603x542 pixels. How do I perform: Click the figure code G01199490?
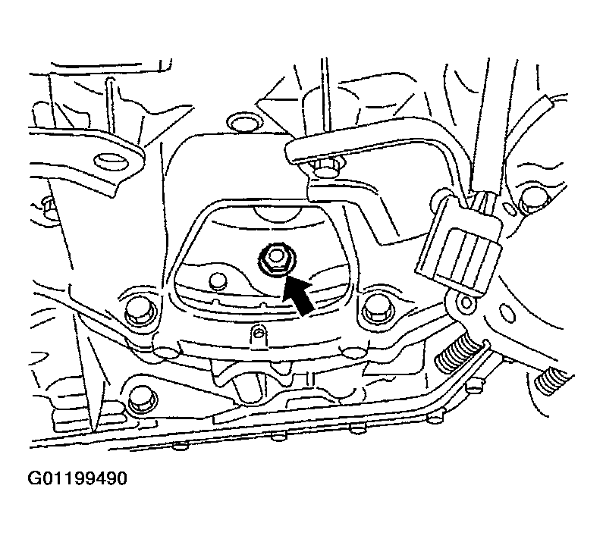point(77,478)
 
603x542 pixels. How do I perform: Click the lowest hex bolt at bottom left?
point(142,400)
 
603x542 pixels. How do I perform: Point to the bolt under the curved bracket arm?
point(327,168)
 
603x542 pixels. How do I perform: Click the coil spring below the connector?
point(457,355)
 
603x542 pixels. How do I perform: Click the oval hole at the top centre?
point(244,123)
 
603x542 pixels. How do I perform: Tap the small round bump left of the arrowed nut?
point(217,281)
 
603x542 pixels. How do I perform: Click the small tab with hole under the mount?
point(259,335)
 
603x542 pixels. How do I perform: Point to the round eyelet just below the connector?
point(466,303)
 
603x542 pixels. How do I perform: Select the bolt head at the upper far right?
point(534,200)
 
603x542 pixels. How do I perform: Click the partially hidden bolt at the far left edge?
point(48,207)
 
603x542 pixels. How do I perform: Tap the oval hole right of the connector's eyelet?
point(507,312)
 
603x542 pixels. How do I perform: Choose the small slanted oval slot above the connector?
point(510,209)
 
